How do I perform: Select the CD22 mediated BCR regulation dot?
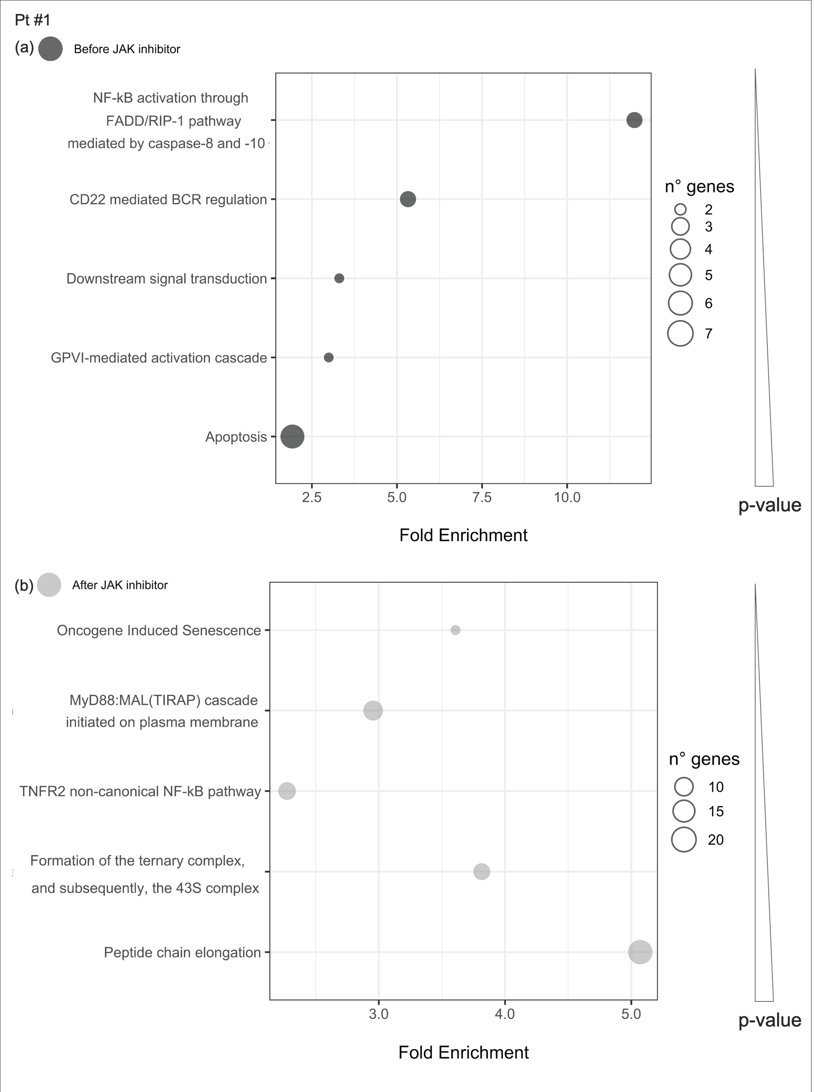click(x=408, y=199)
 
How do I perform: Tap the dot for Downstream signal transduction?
click(x=339, y=278)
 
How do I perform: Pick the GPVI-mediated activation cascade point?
click(x=329, y=357)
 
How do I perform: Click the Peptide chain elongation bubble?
click(x=640, y=952)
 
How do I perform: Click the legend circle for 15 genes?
click(x=684, y=811)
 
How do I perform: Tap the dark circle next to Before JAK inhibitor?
click(x=50, y=49)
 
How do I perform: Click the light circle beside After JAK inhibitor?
click(x=49, y=585)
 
